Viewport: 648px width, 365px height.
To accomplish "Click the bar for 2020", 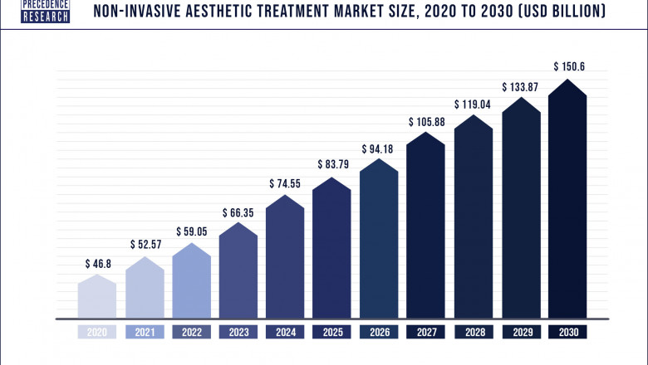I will [97, 297].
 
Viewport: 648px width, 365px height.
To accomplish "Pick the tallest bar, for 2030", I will [567, 199].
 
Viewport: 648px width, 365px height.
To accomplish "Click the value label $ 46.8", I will [98, 264].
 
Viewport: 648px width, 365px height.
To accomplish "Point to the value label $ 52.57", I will [145, 245].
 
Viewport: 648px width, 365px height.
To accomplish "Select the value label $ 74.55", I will [285, 183].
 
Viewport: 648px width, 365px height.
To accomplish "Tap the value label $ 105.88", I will [426, 123].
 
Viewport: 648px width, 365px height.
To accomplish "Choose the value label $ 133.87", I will [520, 87].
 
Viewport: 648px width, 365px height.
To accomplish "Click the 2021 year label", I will [145, 332].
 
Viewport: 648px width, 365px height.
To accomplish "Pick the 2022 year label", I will [191, 332].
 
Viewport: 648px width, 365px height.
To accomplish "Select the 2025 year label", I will [332, 332].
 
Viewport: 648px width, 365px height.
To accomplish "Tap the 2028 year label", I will [474, 332].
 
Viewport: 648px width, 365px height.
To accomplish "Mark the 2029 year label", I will [520, 332].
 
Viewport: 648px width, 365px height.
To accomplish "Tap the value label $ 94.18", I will [379, 149].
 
